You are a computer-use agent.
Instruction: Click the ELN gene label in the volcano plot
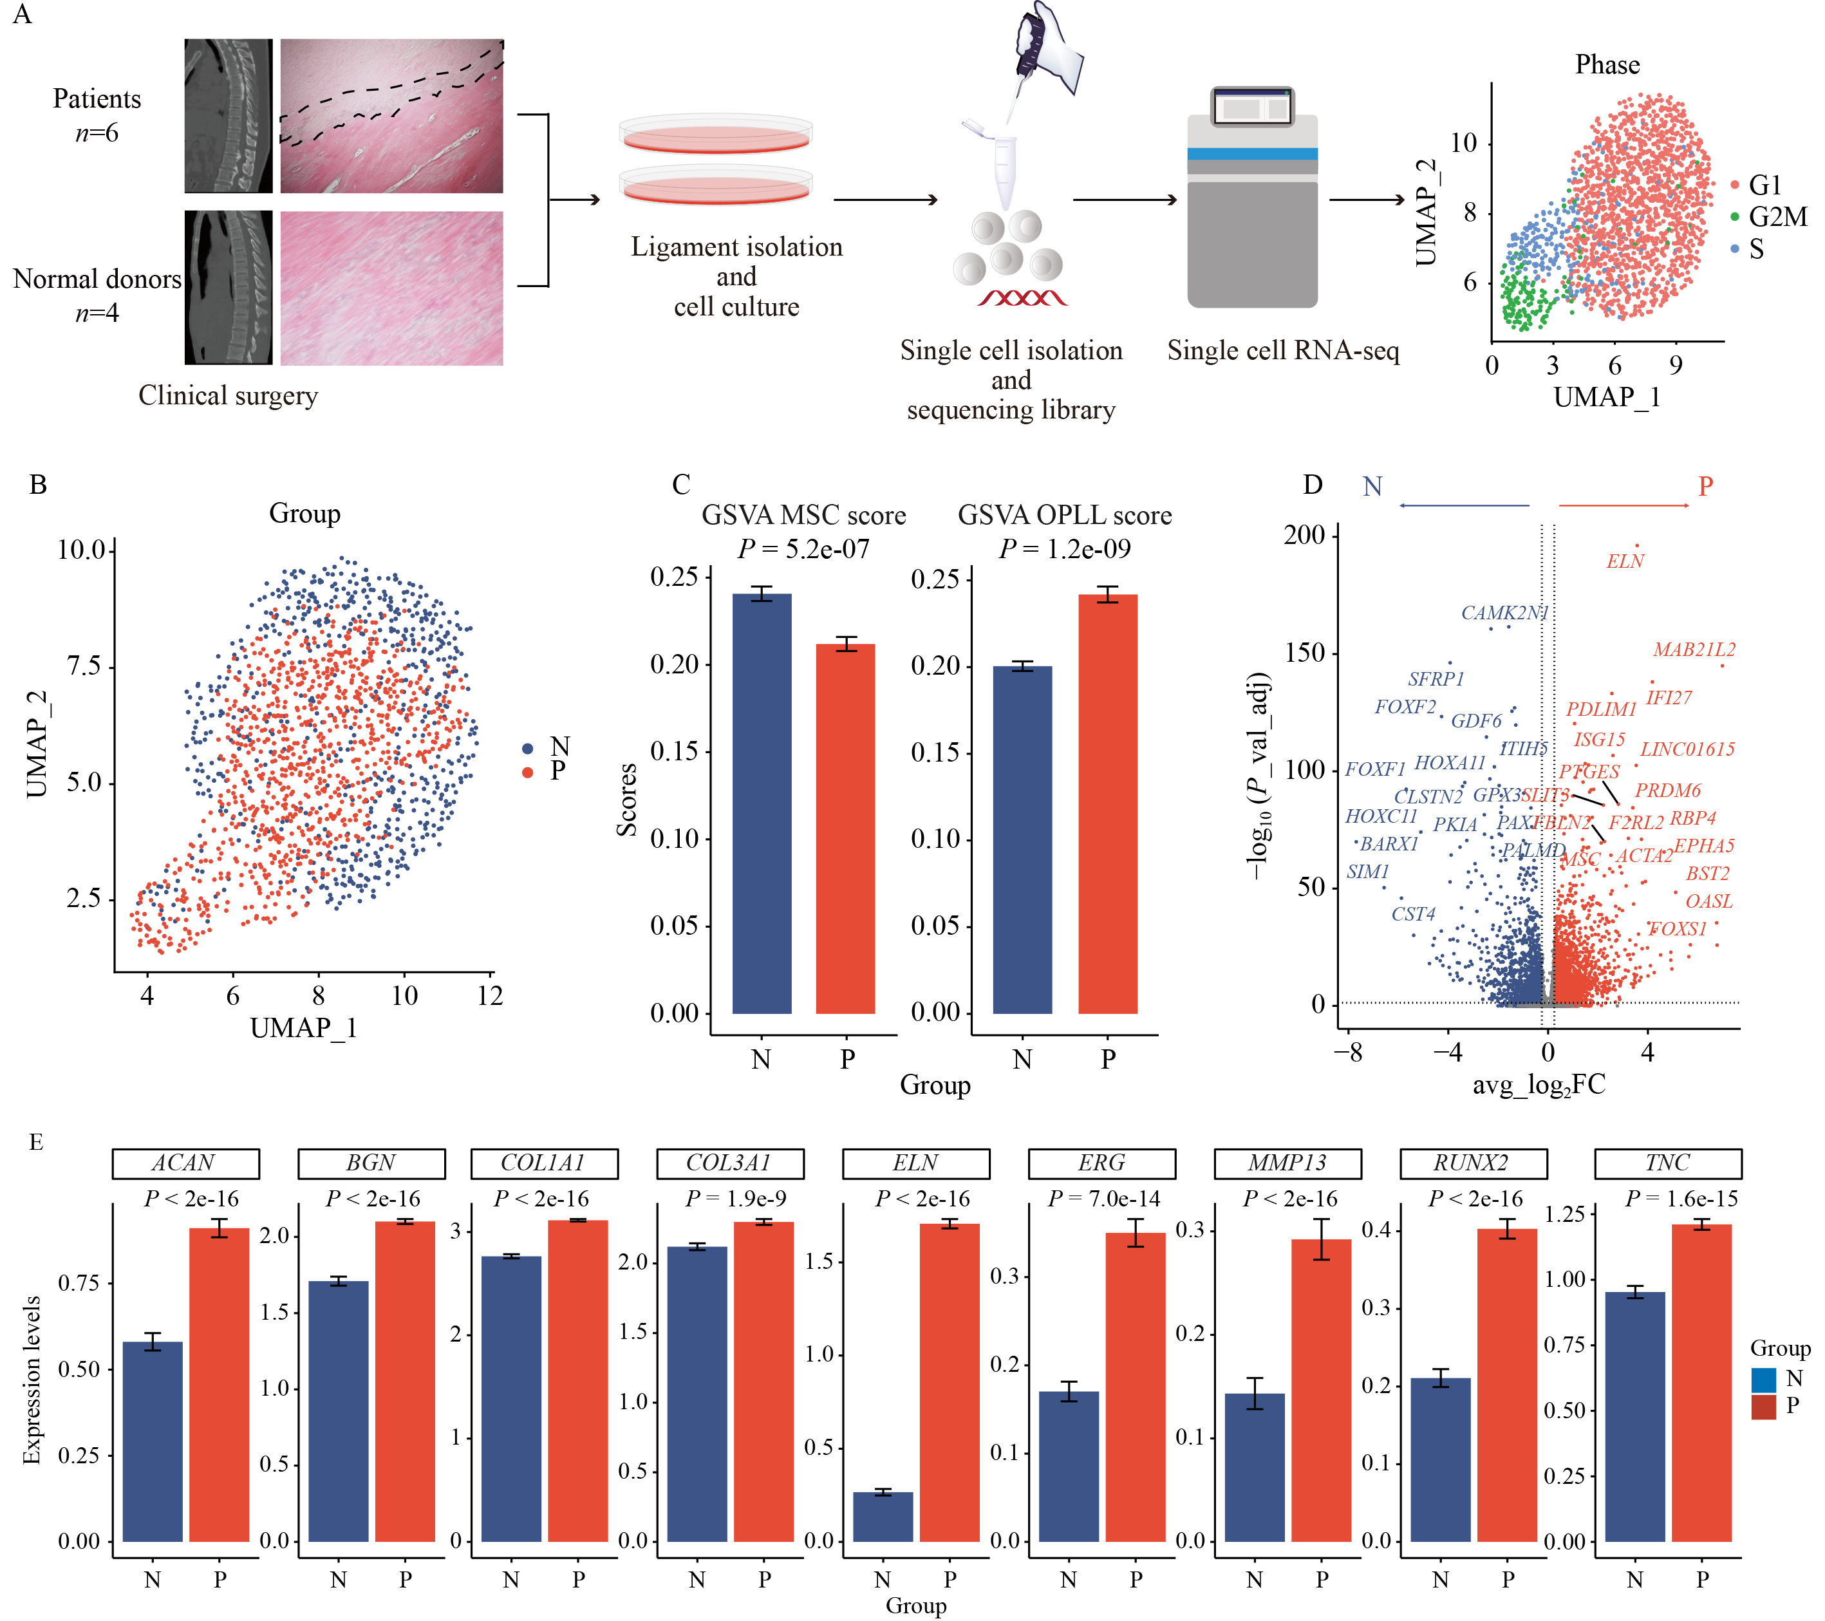pyautogui.click(x=1624, y=561)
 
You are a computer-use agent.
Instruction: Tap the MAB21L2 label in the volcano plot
pyautogui.click(x=1693, y=650)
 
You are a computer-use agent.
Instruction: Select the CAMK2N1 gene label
pyautogui.click(x=1504, y=613)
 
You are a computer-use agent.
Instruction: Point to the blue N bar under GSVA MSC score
pyautogui.click(x=762, y=804)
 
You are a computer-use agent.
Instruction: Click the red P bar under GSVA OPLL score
pyautogui.click(x=1107, y=804)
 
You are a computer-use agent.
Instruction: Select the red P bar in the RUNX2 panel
pyautogui.click(x=1506, y=1384)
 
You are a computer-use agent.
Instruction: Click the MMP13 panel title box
pyautogui.click(x=1287, y=1163)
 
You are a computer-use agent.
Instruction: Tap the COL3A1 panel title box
pyautogui.click(x=729, y=1163)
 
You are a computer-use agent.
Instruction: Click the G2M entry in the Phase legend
pyautogui.click(x=1777, y=217)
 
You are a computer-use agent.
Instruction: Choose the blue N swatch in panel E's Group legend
pyautogui.click(x=1763, y=1380)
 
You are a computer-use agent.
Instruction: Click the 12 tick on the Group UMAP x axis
pyautogui.click(x=489, y=996)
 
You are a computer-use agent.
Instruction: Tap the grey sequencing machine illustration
pyautogui.click(x=1252, y=201)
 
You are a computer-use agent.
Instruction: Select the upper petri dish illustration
pyautogui.click(x=715, y=134)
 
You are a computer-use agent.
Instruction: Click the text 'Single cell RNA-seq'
pyautogui.click(x=1282, y=351)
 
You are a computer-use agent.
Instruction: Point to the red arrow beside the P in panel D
pyautogui.click(x=1624, y=505)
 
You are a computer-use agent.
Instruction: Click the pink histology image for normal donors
pyautogui.click(x=391, y=288)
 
